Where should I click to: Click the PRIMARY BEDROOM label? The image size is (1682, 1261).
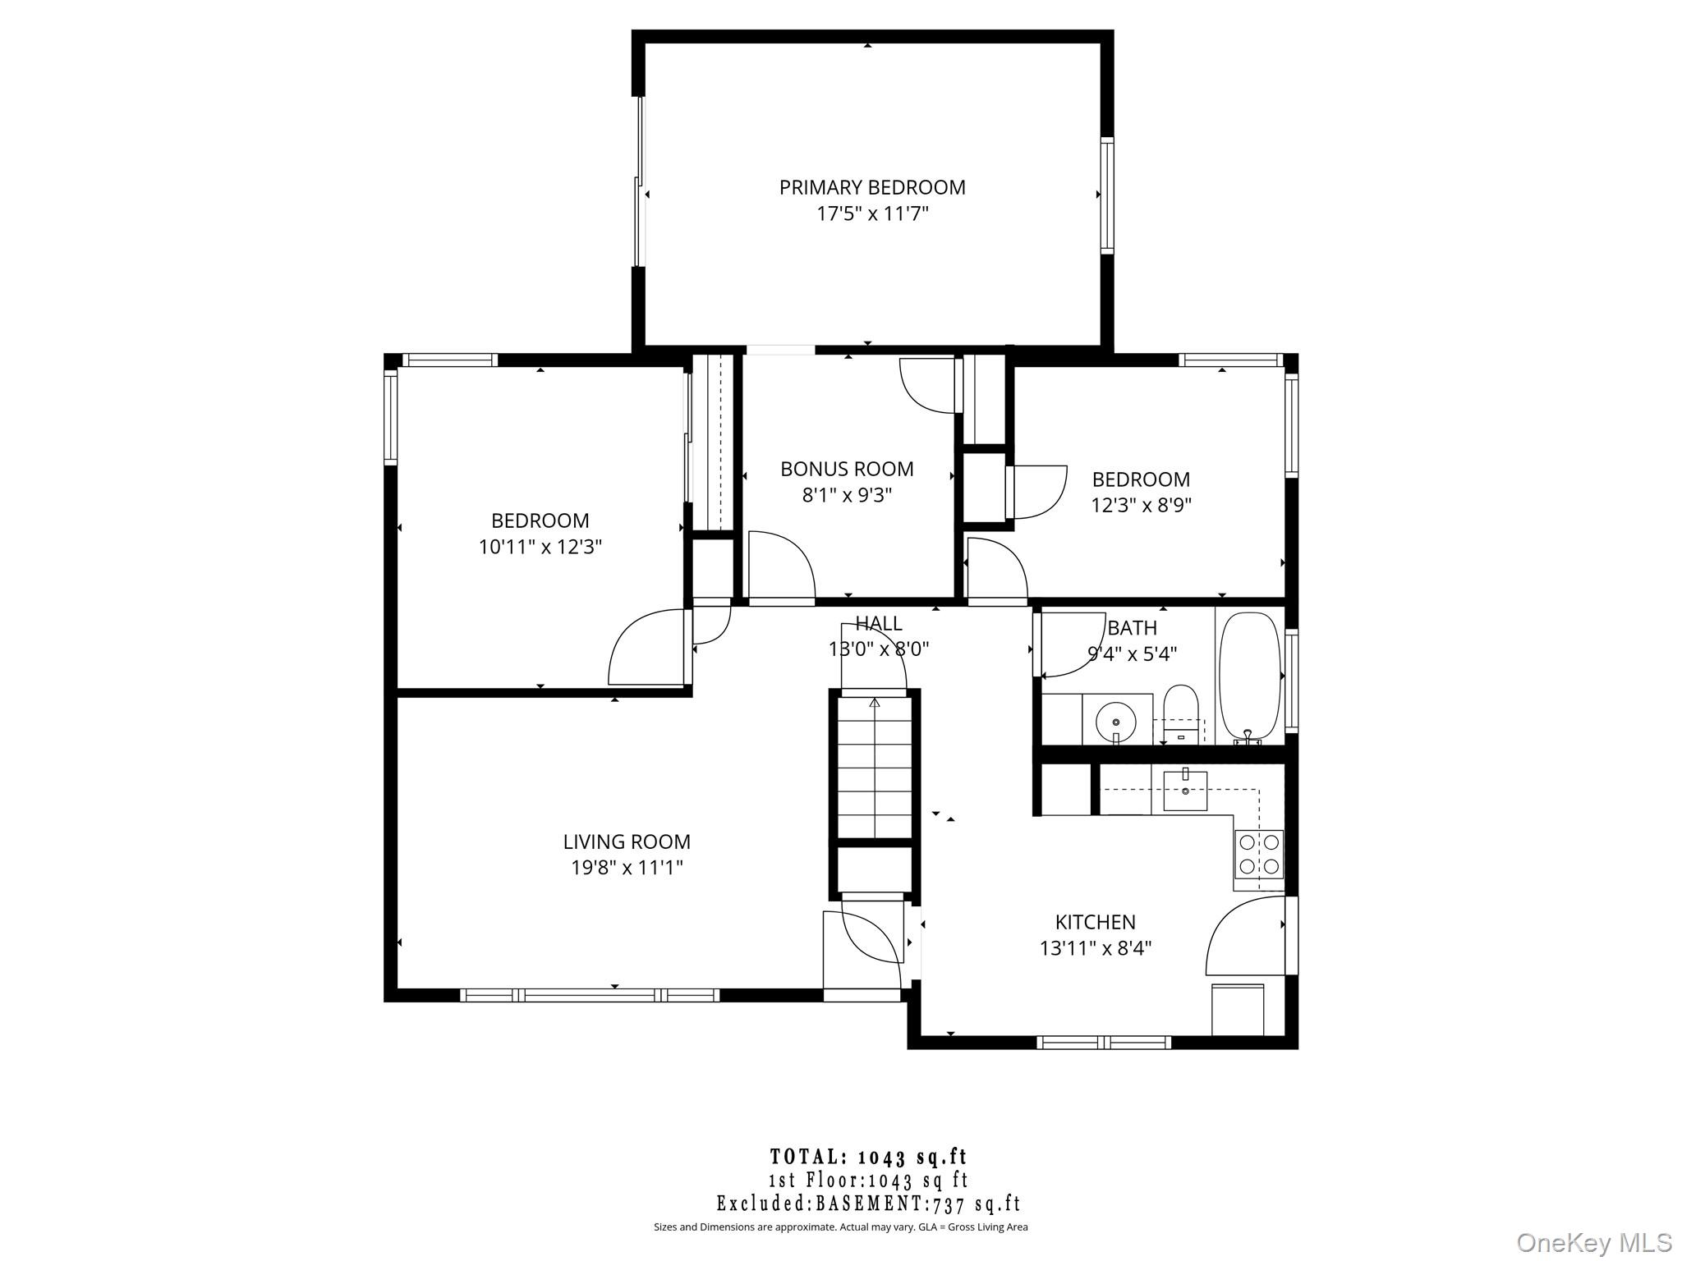coord(871,187)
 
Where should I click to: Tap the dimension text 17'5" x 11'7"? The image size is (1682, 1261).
coord(871,214)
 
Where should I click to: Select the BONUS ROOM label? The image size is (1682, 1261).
coord(847,469)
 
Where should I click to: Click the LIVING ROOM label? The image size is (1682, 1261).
coord(627,841)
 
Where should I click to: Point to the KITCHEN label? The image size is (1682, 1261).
coord(1095,922)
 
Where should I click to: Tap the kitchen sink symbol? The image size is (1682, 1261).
coord(1185,791)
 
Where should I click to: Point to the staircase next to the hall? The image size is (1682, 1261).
coord(875,768)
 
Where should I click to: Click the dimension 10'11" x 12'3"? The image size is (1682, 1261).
coord(540,547)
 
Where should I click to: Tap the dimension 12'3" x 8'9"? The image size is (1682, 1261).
coord(1141,505)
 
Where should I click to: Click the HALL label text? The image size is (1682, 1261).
coord(878,623)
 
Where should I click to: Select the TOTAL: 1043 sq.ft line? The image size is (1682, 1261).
coord(869,1158)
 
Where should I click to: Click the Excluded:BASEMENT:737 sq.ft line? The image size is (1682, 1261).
coord(869,1204)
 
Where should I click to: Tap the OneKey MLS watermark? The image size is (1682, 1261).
coord(1593,1242)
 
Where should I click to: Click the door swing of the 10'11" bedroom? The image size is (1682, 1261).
coord(645,649)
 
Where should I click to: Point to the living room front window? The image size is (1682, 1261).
coord(590,995)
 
